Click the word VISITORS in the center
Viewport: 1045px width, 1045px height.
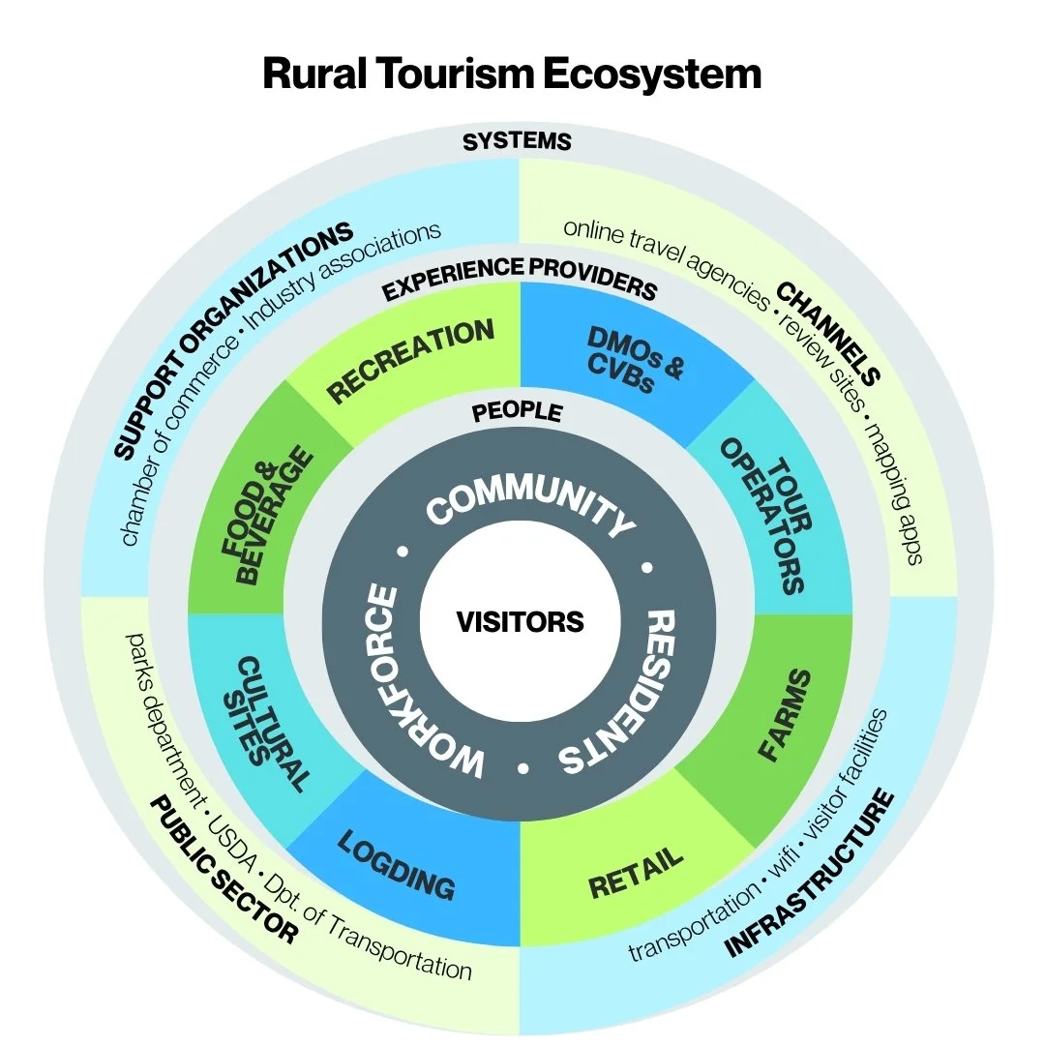(x=520, y=620)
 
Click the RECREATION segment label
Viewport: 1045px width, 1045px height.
(x=411, y=361)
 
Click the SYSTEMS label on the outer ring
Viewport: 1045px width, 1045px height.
(x=517, y=142)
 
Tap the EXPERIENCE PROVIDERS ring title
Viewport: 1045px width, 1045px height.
(x=519, y=280)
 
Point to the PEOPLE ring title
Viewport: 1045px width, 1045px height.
(x=517, y=412)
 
